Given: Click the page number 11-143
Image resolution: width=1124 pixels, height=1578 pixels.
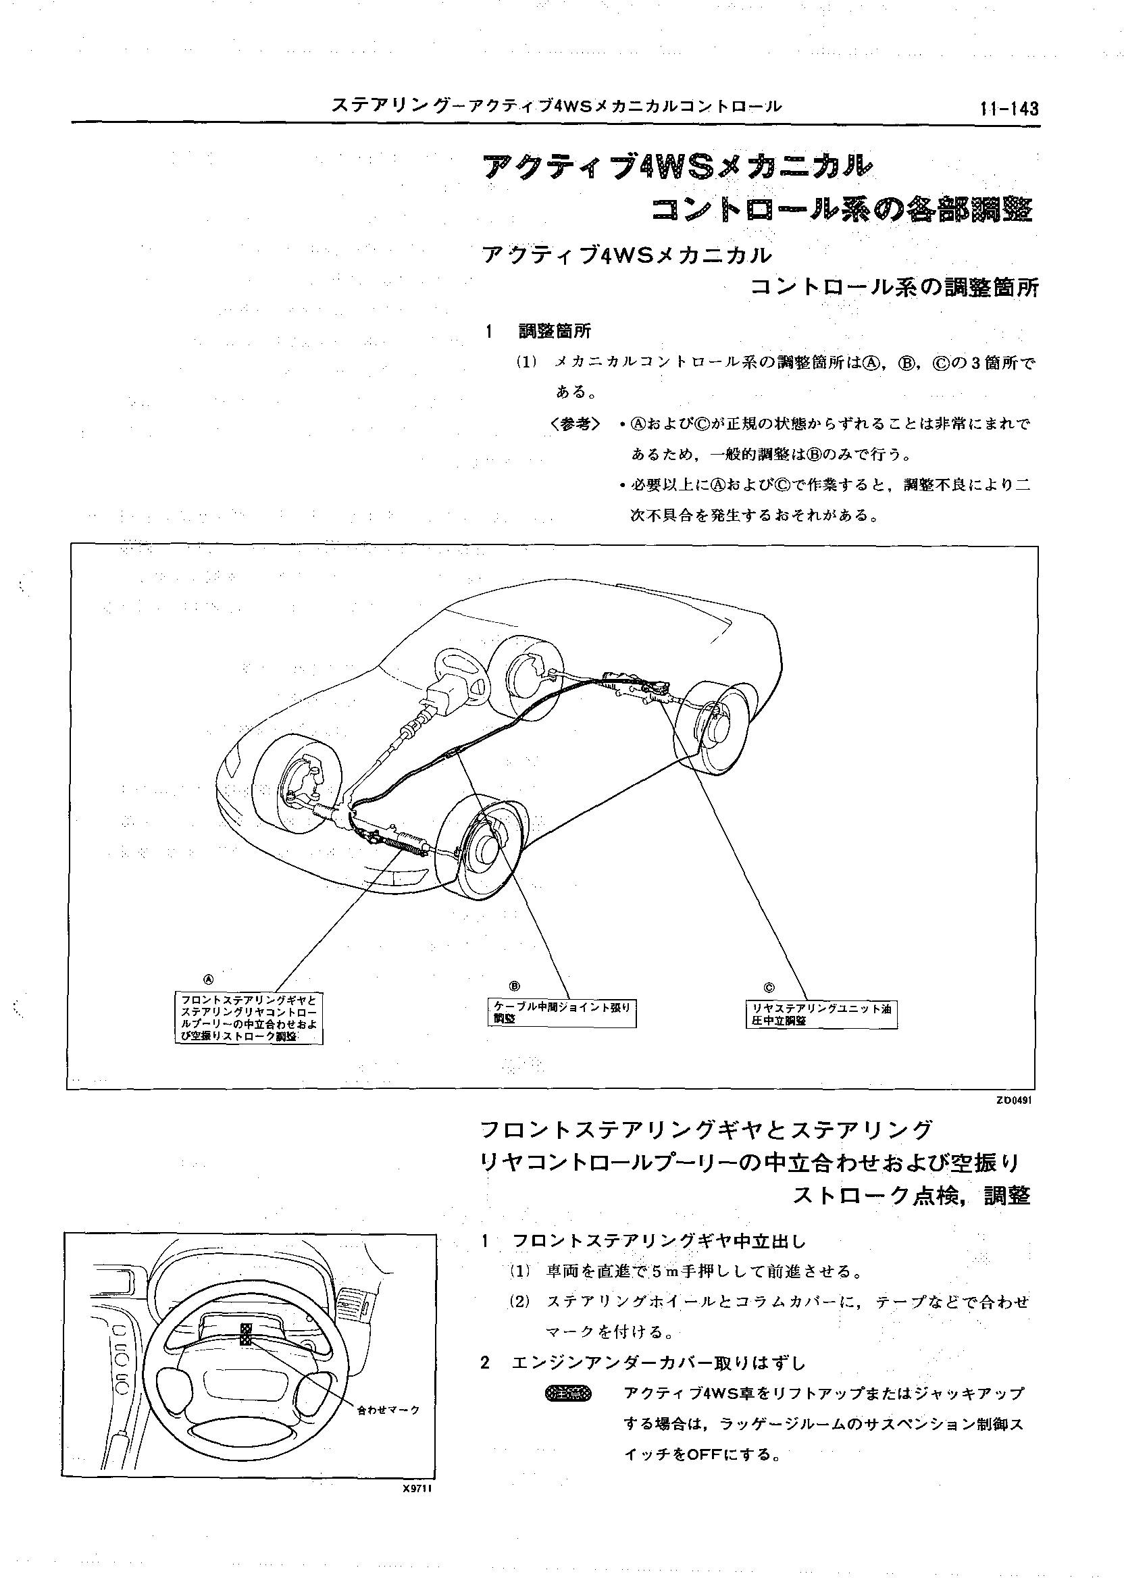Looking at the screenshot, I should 1008,109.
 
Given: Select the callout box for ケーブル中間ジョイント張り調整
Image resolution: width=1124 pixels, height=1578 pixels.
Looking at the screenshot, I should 561,1013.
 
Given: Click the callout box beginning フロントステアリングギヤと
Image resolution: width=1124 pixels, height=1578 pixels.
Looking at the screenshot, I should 249,1019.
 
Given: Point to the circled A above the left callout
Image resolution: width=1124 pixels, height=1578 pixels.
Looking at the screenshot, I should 208,979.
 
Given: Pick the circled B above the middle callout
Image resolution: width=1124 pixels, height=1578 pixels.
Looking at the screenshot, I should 514,986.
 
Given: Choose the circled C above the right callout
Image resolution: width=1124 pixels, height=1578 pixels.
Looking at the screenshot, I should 769,988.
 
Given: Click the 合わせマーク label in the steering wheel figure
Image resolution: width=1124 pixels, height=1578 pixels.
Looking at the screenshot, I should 388,1410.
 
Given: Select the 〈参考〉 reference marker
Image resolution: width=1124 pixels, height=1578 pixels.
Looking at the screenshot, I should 575,424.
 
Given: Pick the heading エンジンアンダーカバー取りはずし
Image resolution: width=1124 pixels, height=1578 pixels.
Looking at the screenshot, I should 658,1363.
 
